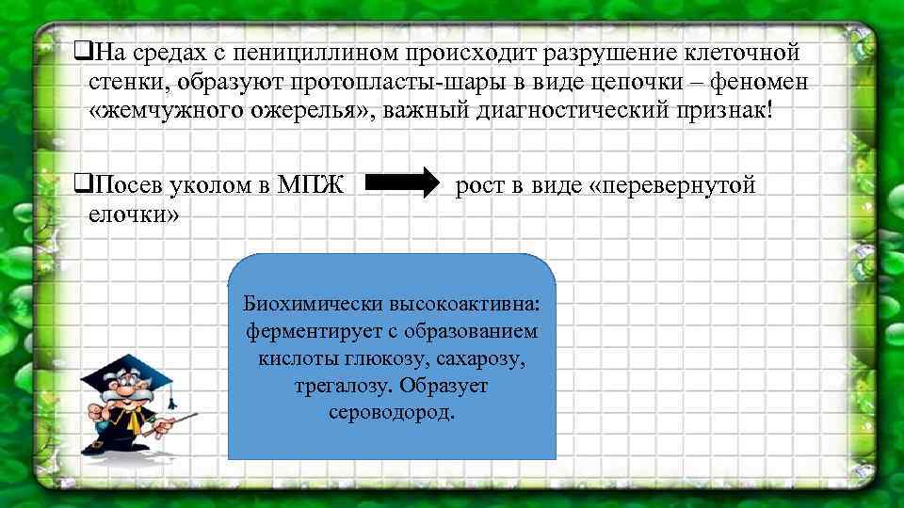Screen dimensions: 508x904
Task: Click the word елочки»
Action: tap(133, 214)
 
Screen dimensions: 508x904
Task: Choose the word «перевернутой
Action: tap(671, 185)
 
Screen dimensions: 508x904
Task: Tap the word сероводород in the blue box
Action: tap(392, 412)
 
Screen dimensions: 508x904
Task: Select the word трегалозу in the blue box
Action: tap(332, 386)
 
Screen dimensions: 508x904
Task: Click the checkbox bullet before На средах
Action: tap(80, 49)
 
